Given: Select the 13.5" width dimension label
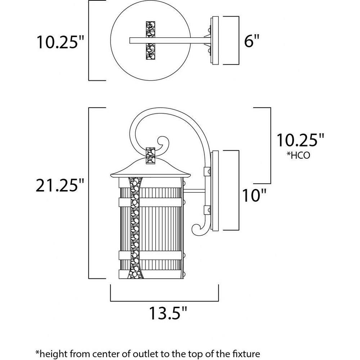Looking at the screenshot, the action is tap(168, 313).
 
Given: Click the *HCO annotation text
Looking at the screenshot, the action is tap(298, 156).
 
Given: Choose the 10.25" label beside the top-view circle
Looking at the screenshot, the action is tap(60, 42).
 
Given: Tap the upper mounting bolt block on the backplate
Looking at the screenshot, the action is tap(207, 171).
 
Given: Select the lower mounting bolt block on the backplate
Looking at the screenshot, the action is tap(207, 210).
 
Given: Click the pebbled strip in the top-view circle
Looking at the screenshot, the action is tap(150, 41).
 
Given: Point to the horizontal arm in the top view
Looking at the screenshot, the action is tap(170, 41).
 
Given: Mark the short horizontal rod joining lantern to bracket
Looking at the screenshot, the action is tap(194, 191).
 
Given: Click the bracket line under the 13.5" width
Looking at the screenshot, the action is tap(165, 301).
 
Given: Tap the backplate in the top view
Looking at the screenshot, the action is tap(215, 41).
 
